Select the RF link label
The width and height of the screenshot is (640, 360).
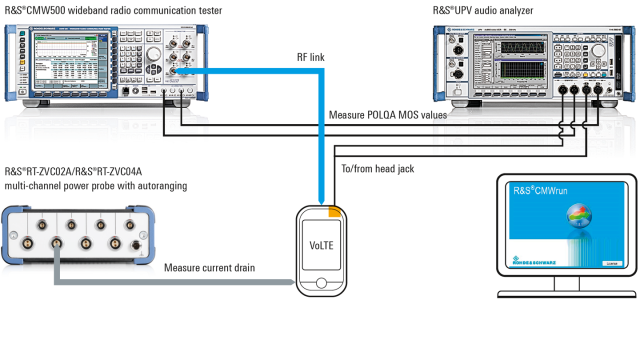310,58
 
